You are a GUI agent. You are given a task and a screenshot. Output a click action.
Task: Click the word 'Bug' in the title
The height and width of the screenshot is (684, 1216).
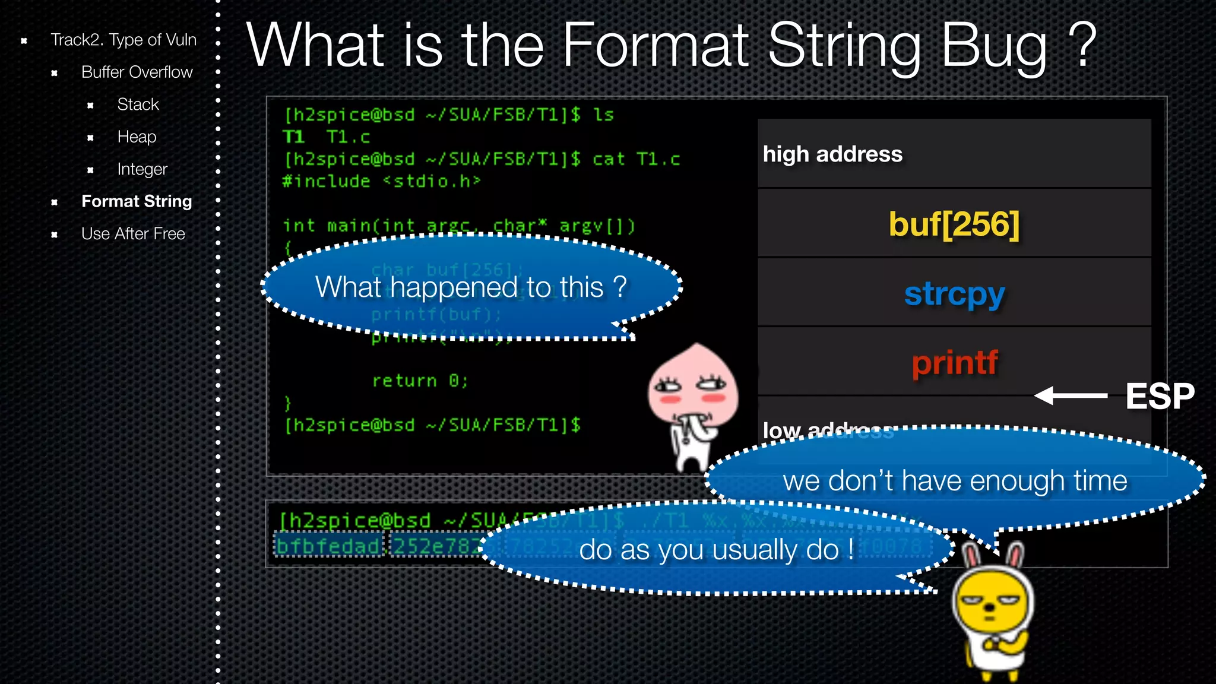tap(995, 46)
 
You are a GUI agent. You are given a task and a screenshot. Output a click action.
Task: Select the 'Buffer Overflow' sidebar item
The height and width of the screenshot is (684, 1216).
tap(137, 72)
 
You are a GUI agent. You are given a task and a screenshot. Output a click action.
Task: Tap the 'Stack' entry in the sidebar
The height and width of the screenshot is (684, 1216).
tap(138, 104)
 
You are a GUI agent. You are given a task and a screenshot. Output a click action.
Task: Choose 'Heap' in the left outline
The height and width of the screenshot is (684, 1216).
tap(137, 137)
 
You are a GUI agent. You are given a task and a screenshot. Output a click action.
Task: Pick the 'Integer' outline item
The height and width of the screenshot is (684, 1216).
tap(142, 169)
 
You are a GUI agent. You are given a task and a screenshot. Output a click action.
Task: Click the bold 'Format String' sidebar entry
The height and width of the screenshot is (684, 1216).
tap(137, 201)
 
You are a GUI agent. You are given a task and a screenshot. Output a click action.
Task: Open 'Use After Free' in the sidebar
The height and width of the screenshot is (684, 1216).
tap(133, 234)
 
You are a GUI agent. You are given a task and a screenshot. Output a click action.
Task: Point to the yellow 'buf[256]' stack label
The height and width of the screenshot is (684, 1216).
tap(954, 224)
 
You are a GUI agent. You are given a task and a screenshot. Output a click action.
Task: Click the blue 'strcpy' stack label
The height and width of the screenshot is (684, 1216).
tap(954, 294)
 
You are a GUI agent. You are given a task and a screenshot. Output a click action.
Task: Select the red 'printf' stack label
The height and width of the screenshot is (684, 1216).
tap(954, 363)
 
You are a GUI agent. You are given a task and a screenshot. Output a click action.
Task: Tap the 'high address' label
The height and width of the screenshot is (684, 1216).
tap(832, 154)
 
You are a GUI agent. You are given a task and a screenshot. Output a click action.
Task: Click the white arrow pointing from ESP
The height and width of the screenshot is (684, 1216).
tap(1071, 395)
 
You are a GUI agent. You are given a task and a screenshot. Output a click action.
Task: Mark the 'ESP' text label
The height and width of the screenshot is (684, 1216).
tap(1160, 396)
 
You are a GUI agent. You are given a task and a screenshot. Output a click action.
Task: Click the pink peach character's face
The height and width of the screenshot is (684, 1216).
tap(692, 389)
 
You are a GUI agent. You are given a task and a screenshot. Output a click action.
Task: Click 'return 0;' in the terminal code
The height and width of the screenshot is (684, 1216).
tap(420, 381)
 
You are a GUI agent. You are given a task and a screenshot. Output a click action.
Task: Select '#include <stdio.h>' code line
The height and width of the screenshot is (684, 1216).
tap(381, 181)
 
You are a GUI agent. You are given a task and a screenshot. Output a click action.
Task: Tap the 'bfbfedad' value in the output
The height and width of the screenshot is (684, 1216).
tap(328, 546)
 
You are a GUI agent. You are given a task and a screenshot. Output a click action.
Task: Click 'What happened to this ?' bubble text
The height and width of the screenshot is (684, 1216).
tap(471, 287)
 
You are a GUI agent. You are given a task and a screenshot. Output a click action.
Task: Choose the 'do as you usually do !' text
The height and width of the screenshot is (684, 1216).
tap(716, 550)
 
